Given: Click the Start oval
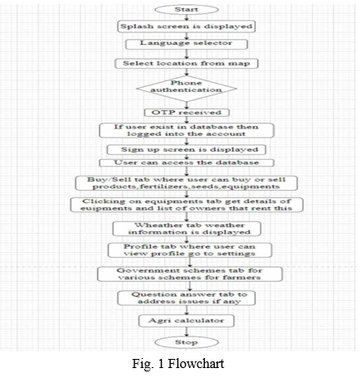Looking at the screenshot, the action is click(x=187, y=9).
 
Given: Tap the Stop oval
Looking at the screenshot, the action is click(x=187, y=342).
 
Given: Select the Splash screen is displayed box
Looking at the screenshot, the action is click(x=187, y=27).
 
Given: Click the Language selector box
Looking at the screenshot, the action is click(x=187, y=44).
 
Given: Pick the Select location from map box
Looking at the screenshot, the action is click(x=187, y=63).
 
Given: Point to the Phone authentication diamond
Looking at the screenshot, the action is click(x=187, y=89).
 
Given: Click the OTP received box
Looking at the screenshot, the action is click(x=187, y=113).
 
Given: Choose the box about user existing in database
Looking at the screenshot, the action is click(x=187, y=130).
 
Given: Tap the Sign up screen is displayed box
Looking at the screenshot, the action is click(x=187, y=149).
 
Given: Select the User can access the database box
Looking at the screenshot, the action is click(x=187, y=162).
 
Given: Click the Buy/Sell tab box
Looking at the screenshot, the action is click(x=187, y=183).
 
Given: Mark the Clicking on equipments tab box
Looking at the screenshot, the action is click(x=187, y=205).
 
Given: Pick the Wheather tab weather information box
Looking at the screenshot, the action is click(x=187, y=229).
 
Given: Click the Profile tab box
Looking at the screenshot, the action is click(x=190, y=250).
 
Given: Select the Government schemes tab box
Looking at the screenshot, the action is click(x=190, y=274).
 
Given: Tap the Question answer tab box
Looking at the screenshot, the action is click(x=187, y=298).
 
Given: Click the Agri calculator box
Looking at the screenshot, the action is click(x=187, y=321).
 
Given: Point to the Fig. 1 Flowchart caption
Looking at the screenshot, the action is click(x=178, y=363).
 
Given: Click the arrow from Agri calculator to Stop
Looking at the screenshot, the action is click(x=187, y=332).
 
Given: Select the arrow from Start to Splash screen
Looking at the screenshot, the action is click(x=187, y=17).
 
